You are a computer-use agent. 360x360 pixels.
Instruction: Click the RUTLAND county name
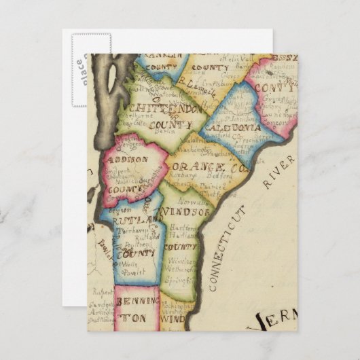pos(130,221)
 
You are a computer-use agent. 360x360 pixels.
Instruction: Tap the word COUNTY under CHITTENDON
pos(170,126)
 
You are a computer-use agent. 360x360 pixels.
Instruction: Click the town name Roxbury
pos(185,175)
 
